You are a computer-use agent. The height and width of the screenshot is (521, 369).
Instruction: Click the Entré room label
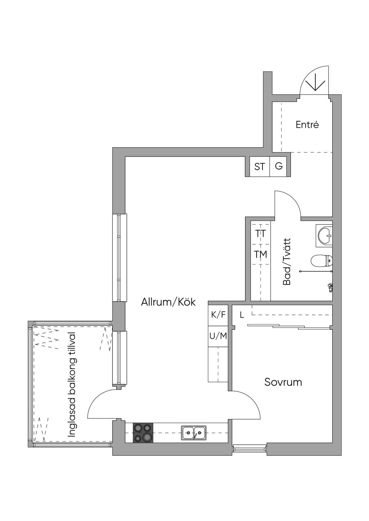pos(307,125)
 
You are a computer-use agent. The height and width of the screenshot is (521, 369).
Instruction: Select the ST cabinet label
pos(259,167)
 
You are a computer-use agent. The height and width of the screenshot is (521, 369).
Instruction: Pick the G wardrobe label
pos(279,166)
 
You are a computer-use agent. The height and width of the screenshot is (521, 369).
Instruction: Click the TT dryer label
pos(261,234)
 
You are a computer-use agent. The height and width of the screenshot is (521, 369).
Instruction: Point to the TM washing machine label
pos(261,254)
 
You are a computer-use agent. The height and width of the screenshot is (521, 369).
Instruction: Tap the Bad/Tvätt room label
pos(287,262)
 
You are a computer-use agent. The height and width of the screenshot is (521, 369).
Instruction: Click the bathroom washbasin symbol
pos(325,236)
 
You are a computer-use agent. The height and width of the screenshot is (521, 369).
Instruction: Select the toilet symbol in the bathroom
pos(322,261)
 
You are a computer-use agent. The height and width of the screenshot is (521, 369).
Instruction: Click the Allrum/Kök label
pos(168,302)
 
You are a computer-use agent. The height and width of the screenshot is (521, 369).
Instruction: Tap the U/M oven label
pos(218,336)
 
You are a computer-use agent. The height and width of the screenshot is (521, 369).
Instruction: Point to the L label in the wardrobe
pos(242,316)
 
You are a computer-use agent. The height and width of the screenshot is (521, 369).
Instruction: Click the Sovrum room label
pos(283,382)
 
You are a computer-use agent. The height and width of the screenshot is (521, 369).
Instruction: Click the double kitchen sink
pos(194,432)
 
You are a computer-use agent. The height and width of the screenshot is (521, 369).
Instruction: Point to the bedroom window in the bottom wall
pos(249,448)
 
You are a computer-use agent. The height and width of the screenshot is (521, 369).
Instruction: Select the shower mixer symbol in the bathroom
pos(330,288)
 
